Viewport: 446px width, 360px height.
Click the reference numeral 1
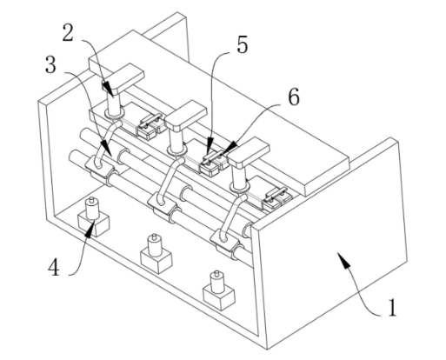tap(392, 308)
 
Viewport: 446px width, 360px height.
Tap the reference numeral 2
tap(69, 33)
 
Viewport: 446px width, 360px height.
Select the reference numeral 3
tap(50, 64)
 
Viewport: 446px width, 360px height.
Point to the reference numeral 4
tap(54, 268)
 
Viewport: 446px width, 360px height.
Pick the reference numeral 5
tap(243, 45)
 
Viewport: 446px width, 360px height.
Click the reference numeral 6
tap(294, 97)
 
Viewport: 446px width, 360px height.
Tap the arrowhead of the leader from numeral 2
tap(109, 89)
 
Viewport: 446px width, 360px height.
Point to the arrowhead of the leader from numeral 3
tap(105, 147)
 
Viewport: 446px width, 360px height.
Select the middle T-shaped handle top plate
tap(186, 115)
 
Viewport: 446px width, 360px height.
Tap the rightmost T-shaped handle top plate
tap(249, 153)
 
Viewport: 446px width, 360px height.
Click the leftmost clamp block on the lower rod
tap(99, 169)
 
